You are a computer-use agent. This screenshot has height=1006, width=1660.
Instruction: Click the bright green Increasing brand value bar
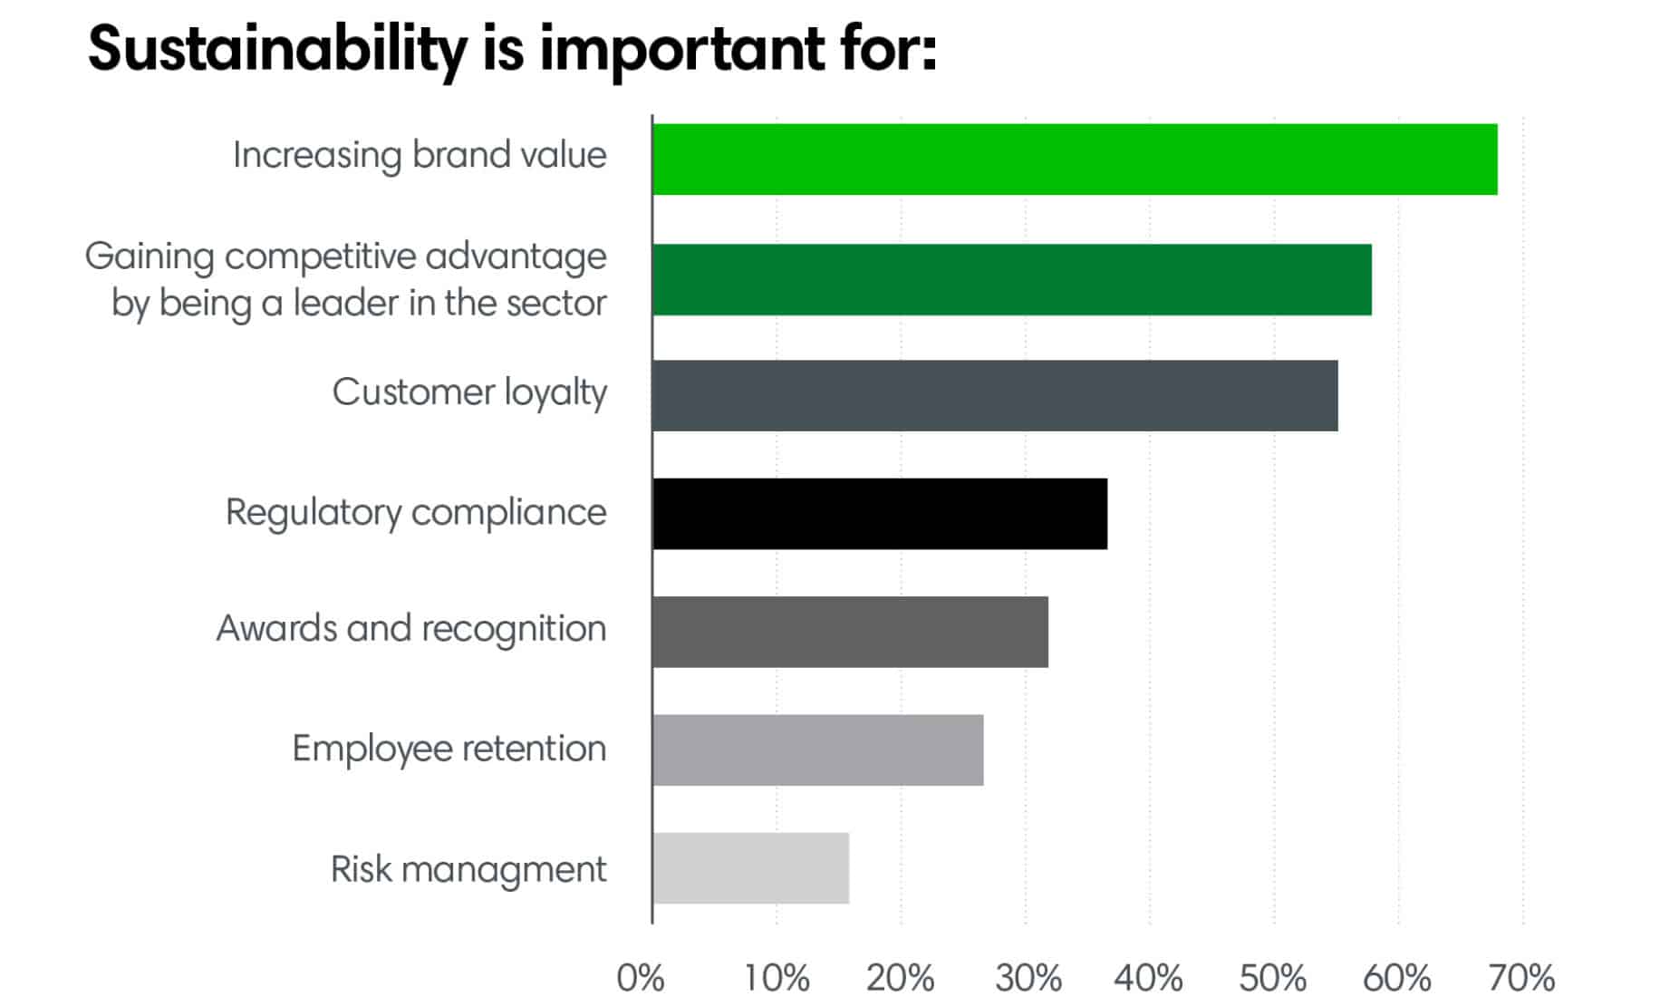[x=1074, y=160]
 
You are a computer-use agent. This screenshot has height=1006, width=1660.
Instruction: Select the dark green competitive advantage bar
[x=1011, y=279]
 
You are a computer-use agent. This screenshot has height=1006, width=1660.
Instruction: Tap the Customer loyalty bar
[x=994, y=395]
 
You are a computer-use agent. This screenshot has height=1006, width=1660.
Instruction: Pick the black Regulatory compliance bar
[x=879, y=514]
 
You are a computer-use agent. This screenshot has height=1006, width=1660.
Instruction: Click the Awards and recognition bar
[x=850, y=632]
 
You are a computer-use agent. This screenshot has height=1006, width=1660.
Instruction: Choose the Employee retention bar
[x=817, y=750]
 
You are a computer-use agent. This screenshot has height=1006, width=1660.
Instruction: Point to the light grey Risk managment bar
[x=750, y=868]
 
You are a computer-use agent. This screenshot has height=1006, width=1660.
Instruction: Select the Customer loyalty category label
[x=468, y=392]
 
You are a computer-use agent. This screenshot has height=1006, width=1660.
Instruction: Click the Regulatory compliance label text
[x=415, y=512]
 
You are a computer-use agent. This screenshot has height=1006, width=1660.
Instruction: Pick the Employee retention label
[x=449, y=750]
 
